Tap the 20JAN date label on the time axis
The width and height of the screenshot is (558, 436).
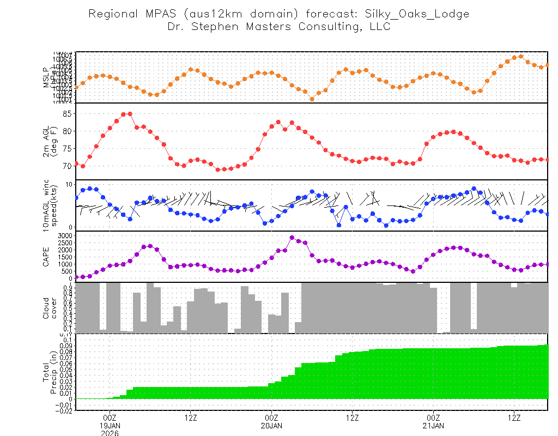271,426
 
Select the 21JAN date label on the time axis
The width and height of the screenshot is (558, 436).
433,426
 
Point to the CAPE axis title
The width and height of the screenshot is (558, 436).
46,256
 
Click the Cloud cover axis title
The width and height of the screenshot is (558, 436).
50,308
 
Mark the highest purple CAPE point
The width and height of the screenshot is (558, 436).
292,238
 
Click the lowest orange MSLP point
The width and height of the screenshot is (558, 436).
312,99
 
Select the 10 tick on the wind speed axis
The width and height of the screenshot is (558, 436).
69,185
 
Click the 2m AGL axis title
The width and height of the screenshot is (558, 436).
50,142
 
